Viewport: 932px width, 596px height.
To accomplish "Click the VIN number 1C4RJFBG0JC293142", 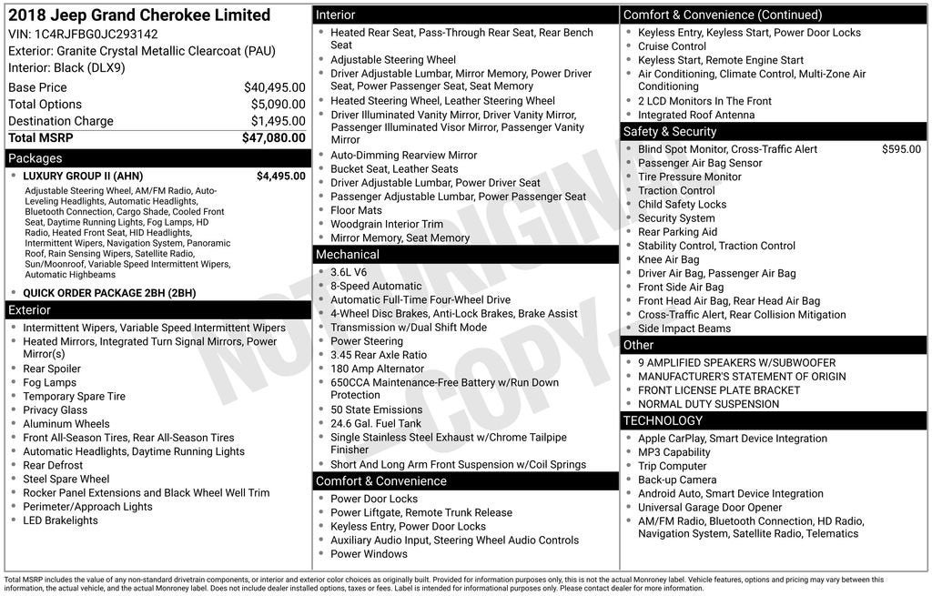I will pyautogui.click(x=96, y=34).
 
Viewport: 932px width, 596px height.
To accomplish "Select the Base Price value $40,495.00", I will pyautogui.click(x=274, y=87).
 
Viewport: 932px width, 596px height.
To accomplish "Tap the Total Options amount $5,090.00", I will pyautogui.click(x=278, y=105).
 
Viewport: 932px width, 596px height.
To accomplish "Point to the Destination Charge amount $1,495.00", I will pyautogui.click(x=278, y=121).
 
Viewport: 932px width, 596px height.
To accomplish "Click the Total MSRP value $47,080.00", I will pyautogui.click(x=273, y=138).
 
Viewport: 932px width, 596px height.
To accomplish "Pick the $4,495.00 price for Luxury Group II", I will pyautogui.click(x=280, y=177).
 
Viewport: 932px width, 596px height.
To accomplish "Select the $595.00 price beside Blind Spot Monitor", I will pyautogui.click(x=901, y=149).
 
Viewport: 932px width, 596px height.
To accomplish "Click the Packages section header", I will pyautogui.click(x=35, y=158).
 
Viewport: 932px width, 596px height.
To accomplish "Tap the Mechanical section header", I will pyautogui.click(x=348, y=255).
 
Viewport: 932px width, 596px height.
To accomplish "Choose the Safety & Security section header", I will pyautogui.click(x=670, y=132).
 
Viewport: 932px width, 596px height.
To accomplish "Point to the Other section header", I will pyautogui.click(x=639, y=345).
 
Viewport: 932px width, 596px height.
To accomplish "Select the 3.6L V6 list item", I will pyautogui.click(x=349, y=272).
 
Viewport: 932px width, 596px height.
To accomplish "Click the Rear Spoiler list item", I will pyautogui.click(x=52, y=369).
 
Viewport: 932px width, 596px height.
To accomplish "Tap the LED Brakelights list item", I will pyautogui.click(x=60, y=520).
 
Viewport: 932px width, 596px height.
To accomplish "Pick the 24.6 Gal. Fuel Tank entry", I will pyautogui.click(x=376, y=423).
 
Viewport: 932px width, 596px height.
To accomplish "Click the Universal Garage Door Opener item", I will pyautogui.click(x=710, y=508).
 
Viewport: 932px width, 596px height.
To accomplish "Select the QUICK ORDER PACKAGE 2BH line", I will pyautogui.click(x=109, y=293).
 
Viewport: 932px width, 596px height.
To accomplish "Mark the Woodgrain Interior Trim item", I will pyautogui.click(x=387, y=224).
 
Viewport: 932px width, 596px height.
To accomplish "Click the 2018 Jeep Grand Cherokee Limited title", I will pyautogui.click(x=139, y=15).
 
